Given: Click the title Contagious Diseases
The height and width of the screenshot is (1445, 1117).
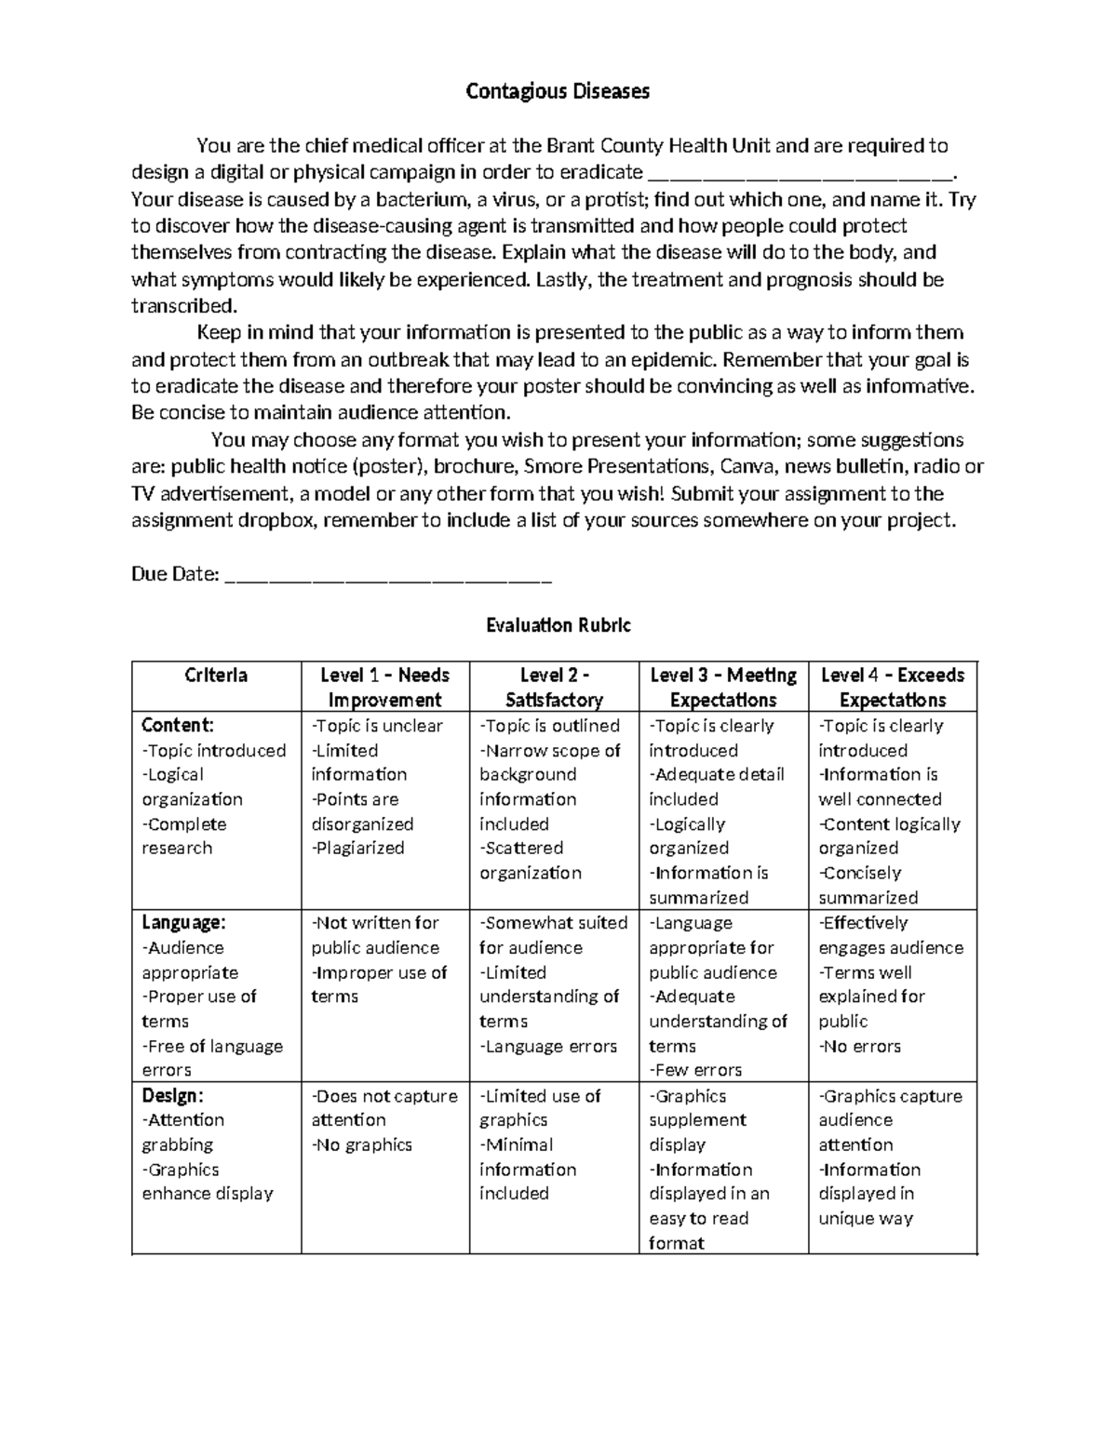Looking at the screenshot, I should pyautogui.click(x=558, y=91).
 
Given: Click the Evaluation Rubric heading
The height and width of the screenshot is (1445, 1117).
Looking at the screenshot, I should pyautogui.click(x=558, y=625).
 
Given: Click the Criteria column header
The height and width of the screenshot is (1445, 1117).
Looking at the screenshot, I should pyautogui.click(x=216, y=676).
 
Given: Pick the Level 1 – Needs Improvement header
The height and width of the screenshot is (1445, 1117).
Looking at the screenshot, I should pyautogui.click(x=384, y=688).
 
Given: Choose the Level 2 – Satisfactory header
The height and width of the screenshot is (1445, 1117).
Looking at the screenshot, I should pyautogui.click(x=554, y=688).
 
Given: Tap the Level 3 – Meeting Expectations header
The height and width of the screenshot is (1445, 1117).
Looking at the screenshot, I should pyautogui.click(x=723, y=688).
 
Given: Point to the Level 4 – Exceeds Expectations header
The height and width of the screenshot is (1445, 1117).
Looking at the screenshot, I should pyautogui.click(x=893, y=688).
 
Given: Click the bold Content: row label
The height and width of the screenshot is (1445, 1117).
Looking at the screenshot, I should pyautogui.click(x=178, y=725).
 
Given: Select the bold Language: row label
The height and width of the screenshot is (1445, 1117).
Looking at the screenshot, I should pyautogui.click(x=183, y=923).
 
